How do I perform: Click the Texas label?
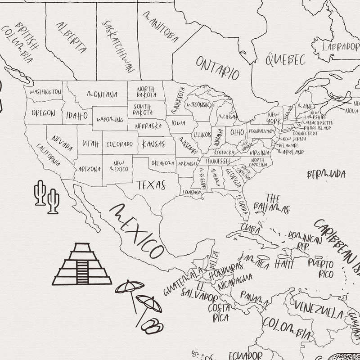152,184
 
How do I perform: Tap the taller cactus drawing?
40,193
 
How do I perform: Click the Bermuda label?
326,174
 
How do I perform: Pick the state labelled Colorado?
119,144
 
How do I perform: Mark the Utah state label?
90,144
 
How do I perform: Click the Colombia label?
286,328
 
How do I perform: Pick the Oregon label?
44,113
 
